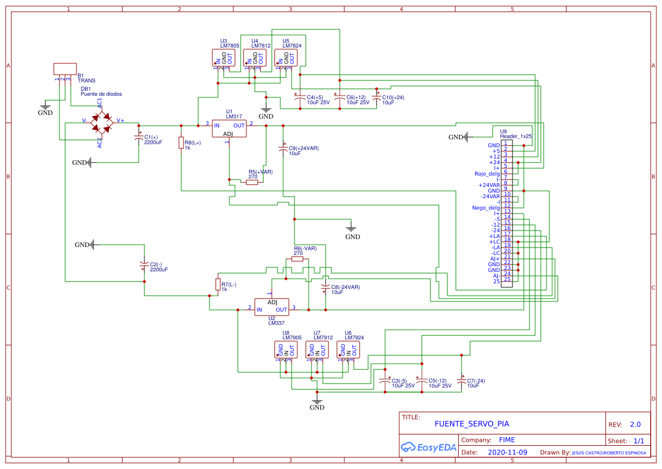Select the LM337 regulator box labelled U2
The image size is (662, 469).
click(271, 306)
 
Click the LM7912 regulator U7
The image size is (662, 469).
click(317, 350)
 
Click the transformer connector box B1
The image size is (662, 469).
click(65, 69)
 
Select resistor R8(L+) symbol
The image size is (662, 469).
click(181, 143)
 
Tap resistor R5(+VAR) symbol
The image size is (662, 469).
click(253, 182)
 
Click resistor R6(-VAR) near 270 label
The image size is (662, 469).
click(297, 259)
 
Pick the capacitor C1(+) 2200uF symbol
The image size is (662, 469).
click(139, 138)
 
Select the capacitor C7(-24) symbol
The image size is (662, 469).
click(462, 382)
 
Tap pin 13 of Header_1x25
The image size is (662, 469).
click(507, 211)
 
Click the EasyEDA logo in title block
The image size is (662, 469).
click(428, 447)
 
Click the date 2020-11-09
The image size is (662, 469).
click(507, 453)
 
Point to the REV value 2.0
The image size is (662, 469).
click(635, 424)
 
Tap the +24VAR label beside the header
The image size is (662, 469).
click(489, 185)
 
